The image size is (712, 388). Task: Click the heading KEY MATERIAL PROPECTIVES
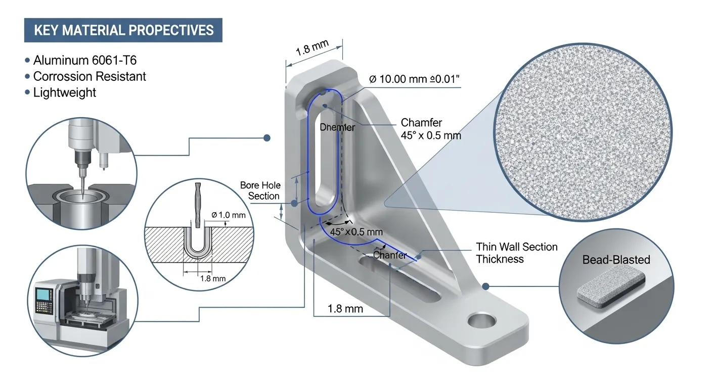124,30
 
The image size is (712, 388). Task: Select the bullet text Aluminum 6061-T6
85,60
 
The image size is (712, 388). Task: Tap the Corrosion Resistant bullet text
90,76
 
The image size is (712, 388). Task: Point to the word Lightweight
65,92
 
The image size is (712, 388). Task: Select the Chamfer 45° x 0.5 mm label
431,129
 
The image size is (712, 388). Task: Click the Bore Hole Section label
260,190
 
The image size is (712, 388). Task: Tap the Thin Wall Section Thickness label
516,253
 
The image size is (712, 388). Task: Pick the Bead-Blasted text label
616,260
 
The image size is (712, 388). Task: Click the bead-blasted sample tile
611,287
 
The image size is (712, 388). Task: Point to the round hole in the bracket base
481,321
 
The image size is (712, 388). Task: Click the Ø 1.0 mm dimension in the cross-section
229,215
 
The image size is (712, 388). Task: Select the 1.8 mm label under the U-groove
213,278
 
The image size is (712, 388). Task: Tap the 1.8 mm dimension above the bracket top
312,47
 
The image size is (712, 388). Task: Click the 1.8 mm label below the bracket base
345,309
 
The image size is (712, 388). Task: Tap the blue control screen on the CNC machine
42,295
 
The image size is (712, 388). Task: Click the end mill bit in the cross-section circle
198,205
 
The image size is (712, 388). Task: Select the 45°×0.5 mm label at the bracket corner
356,232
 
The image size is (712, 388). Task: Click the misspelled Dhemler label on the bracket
337,127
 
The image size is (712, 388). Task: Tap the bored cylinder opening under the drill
82,198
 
